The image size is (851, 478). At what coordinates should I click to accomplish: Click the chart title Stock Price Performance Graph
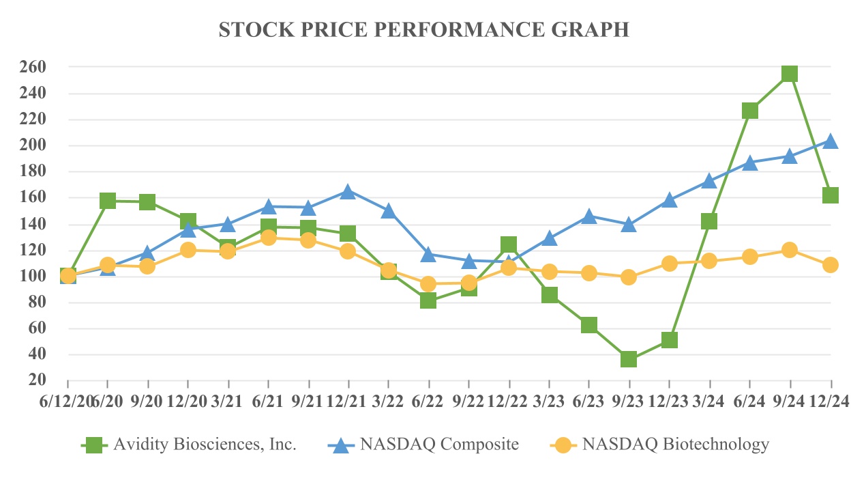(423, 30)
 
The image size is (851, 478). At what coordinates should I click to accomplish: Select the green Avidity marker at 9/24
(790, 74)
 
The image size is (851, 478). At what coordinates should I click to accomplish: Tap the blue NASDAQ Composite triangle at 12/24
(830, 141)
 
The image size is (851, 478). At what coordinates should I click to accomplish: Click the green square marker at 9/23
(629, 359)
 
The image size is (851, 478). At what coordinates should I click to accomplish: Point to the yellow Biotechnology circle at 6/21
(268, 238)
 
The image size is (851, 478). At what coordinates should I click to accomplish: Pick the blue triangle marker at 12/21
(348, 192)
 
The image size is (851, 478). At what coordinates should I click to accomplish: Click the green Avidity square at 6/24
(750, 111)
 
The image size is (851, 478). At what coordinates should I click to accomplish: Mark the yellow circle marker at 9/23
(629, 277)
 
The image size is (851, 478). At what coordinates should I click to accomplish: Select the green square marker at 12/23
(669, 340)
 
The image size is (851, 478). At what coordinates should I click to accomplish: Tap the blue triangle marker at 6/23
(589, 216)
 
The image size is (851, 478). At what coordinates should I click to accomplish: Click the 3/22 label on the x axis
(389, 402)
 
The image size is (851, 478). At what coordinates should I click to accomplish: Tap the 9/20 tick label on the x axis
(147, 402)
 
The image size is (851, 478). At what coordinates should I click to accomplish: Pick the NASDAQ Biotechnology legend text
(674, 445)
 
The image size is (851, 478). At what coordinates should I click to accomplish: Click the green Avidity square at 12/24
(830, 195)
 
